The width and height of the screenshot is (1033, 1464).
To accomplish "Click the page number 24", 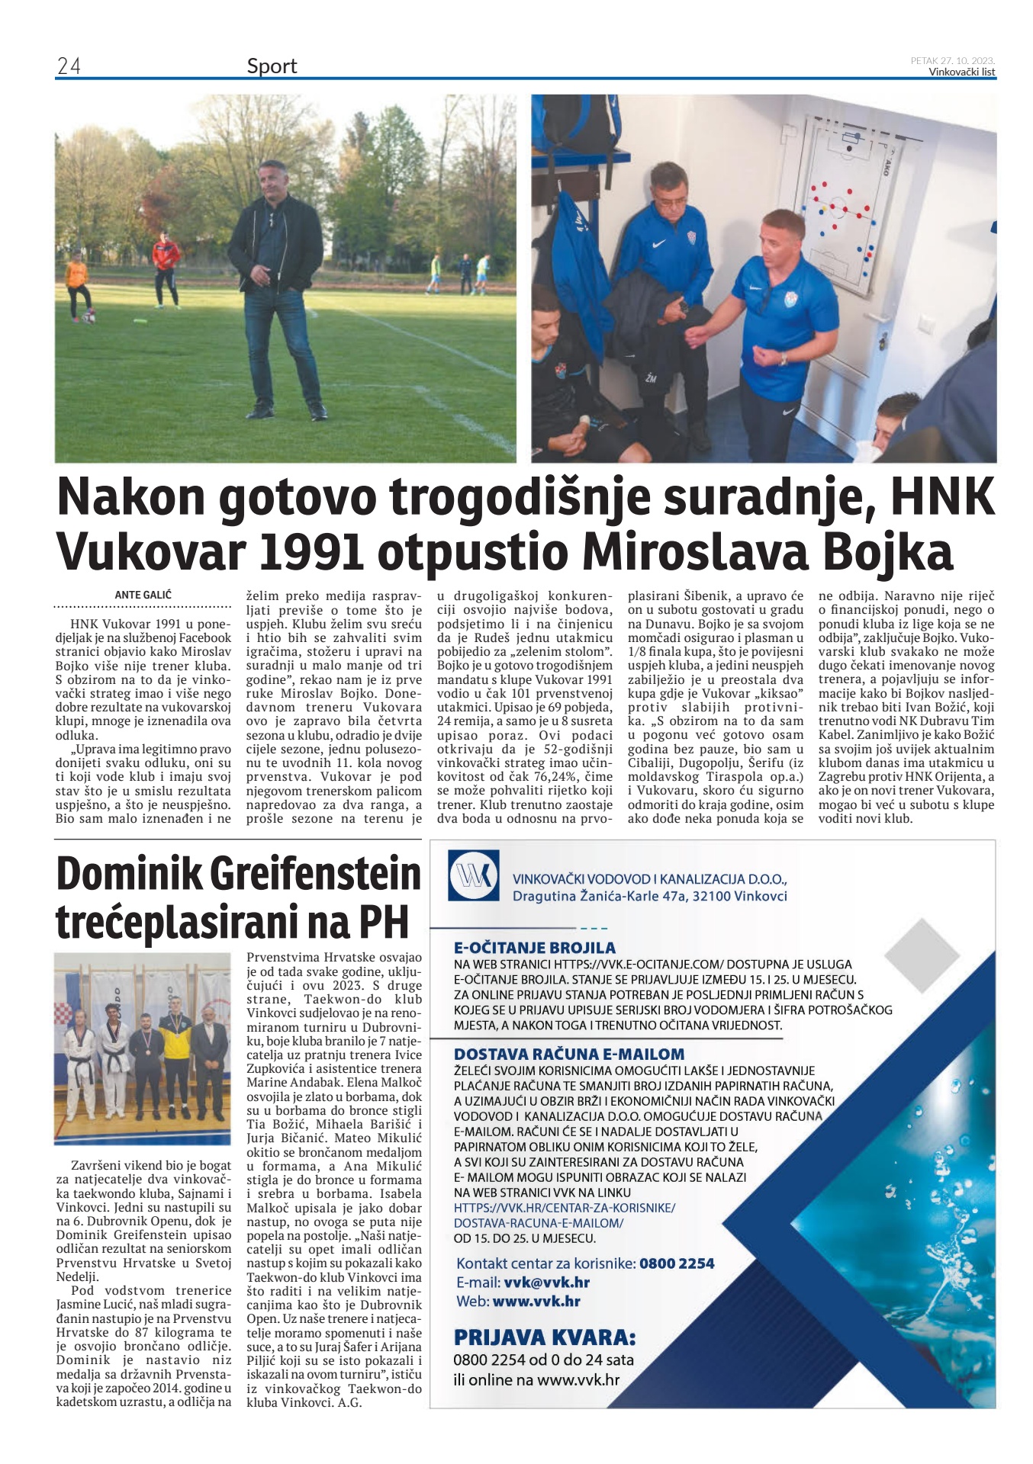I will click(69, 66).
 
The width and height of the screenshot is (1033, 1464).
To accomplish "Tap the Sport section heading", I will click(272, 66).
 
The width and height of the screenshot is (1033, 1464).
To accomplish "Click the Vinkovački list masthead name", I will click(961, 72).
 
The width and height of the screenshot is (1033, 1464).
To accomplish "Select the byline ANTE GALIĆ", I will click(143, 595).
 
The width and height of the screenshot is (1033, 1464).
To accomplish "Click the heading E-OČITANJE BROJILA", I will click(534, 948).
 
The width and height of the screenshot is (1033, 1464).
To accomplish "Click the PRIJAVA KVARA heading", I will click(544, 1337).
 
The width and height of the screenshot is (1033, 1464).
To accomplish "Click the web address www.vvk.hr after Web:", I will click(536, 1302).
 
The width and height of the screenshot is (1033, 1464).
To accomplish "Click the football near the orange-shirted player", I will click(88, 316).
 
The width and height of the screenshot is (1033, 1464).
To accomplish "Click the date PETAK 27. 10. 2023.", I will click(952, 60).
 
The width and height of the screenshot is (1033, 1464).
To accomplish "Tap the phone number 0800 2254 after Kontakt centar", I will click(677, 1263).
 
